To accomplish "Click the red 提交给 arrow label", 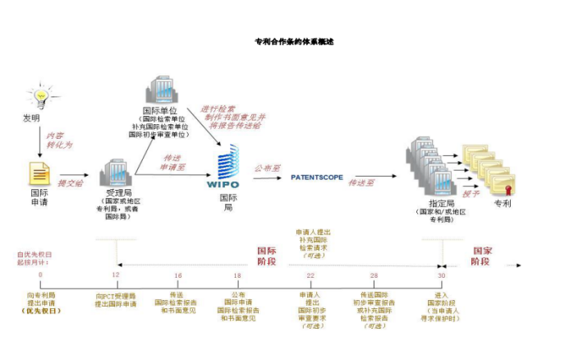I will pyautogui.click(x=71, y=182).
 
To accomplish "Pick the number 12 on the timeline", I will pyautogui.click(x=116, y=275).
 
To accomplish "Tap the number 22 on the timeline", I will pyautogui.click(x=310, y=275).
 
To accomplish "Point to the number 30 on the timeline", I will pyautogui.click(x=441, y=275).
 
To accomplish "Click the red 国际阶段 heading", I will pyautogui.click(x=267, y=255).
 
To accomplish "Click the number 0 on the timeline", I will pyautogui.click(x=40, y=275).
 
